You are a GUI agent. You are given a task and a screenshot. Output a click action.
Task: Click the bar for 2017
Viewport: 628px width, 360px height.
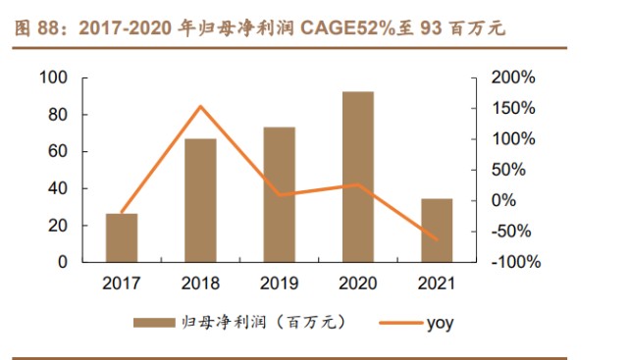pyautogui.click(x=122, y=237)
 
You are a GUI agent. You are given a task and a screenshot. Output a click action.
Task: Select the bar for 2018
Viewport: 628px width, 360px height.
pyautogui.click(x=200, y=200)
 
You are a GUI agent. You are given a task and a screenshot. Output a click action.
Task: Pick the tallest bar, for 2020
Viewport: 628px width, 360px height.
pyautogui.click(x=357, y=177)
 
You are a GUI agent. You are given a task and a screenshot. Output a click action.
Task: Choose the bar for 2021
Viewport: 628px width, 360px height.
pyautogui.click(x=436, y=231)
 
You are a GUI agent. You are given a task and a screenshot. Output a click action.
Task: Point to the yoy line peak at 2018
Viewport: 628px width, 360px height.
pyautogui.click(x=200, y=106)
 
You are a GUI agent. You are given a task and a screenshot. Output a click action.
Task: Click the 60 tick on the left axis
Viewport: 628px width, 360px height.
pyautogui.click(x=58, y=151)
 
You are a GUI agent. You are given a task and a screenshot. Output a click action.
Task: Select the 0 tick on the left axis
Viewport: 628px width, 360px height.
pyautogui.click(x=62, y=262)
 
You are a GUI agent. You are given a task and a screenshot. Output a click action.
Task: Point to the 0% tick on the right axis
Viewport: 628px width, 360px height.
pyautogui.click(x=503, y=200)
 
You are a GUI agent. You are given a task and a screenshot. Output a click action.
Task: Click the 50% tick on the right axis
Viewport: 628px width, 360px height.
pyautogui.click(x=507, y=170)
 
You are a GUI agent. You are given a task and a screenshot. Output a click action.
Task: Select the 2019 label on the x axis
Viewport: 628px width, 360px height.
pyautogui.click(x=279, y=284)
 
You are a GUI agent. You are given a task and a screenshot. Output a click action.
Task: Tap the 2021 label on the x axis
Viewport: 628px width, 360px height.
pyautogui.click(x=436, y=284)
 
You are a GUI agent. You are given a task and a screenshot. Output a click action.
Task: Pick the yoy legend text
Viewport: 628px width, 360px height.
pyautogui.click(x=441, y=323)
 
